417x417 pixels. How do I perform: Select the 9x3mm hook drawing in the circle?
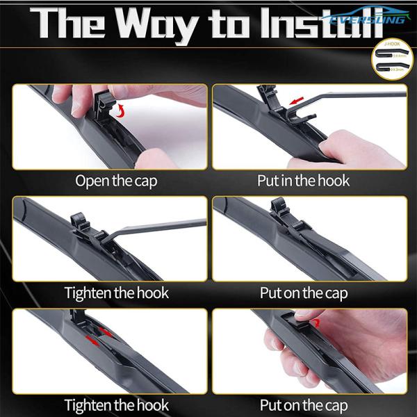click(391, 69)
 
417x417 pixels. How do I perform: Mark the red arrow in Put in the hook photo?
click(297, 101)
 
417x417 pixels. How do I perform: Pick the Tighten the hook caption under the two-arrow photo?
click(116, 404)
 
